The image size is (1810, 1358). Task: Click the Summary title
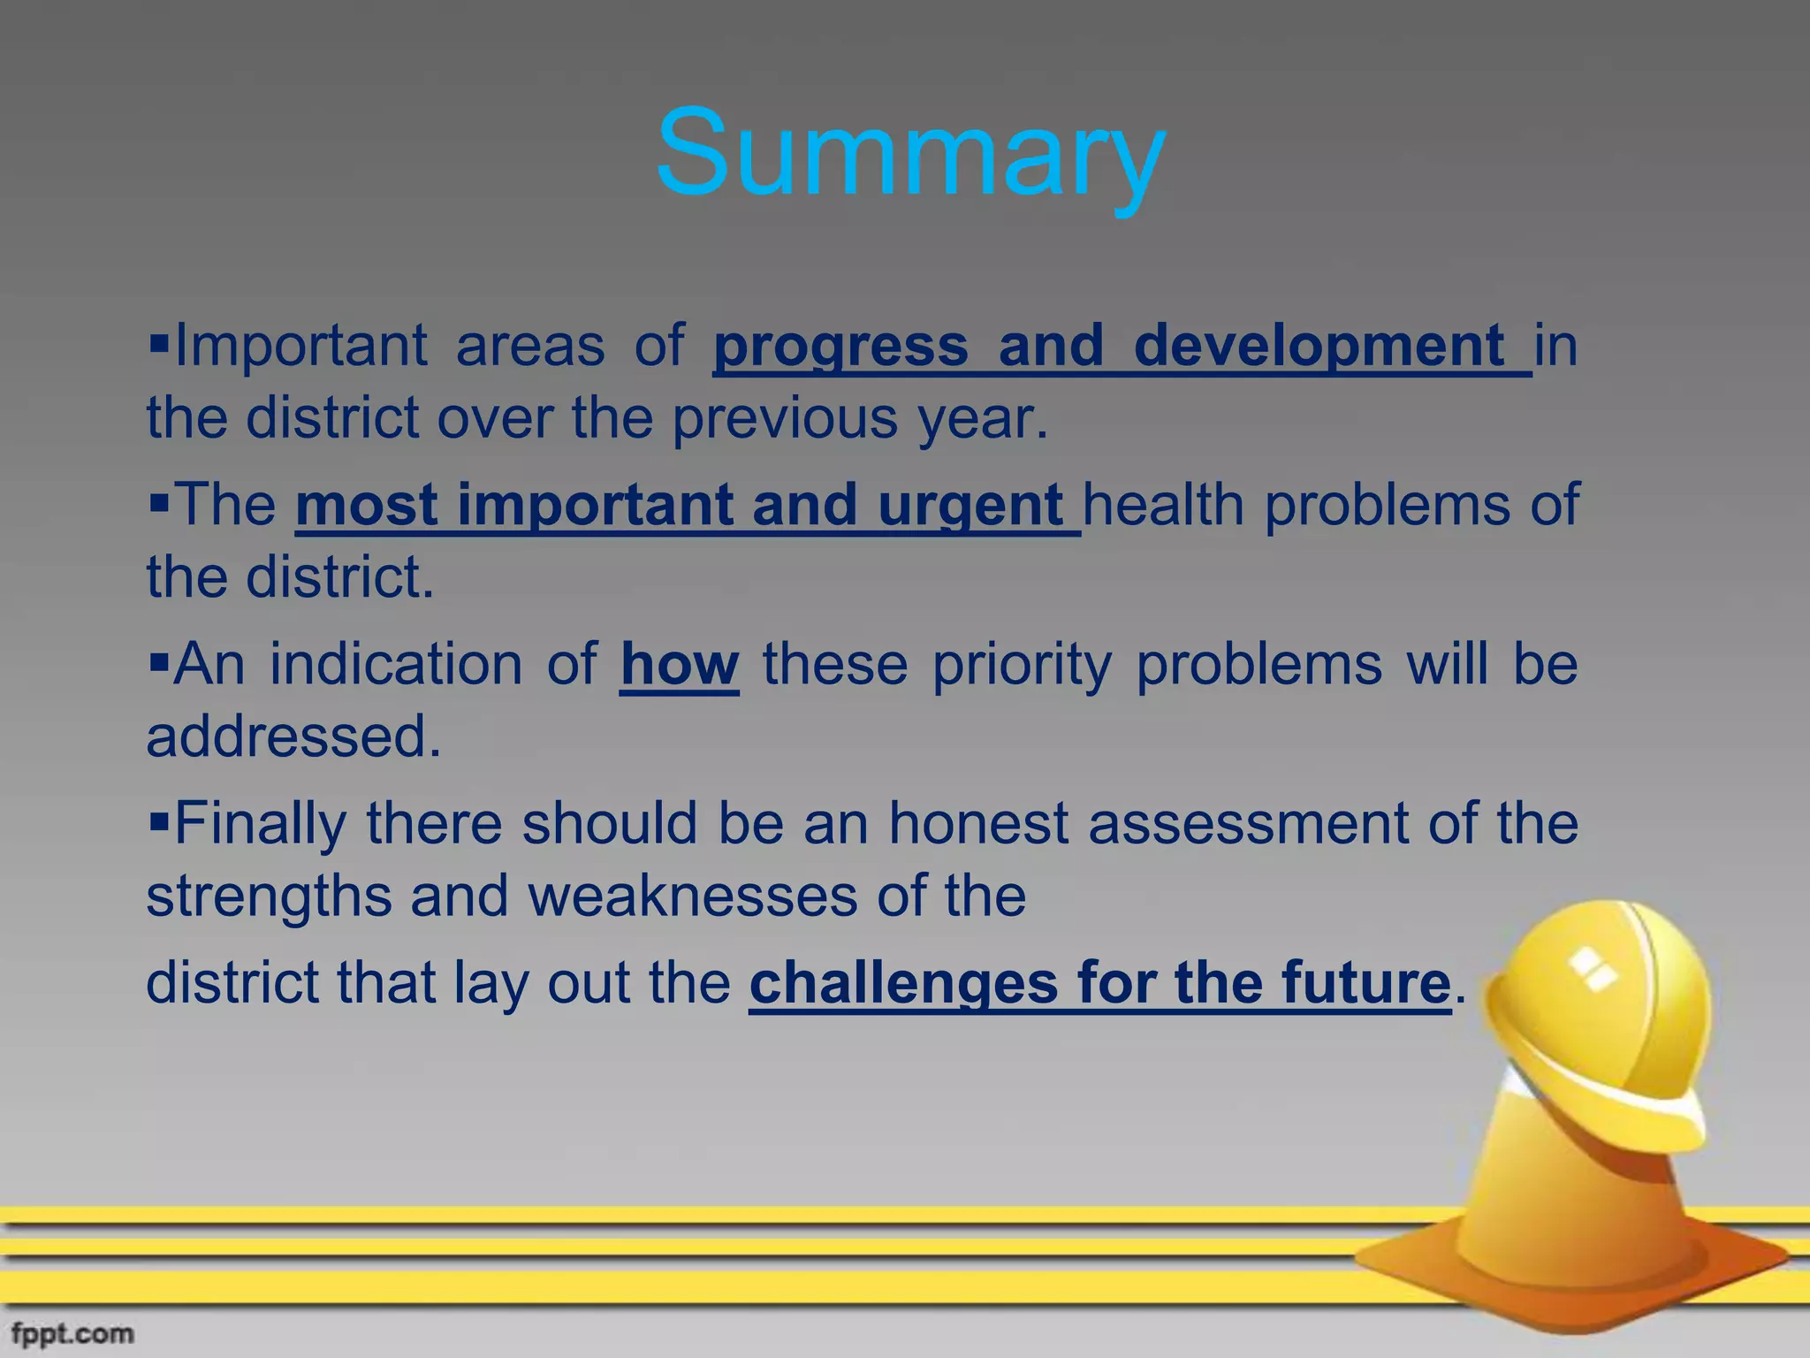tap(910, 155)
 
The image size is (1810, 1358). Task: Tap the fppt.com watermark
tap(73, 1333)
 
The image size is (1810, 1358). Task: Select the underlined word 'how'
tap(679, 665)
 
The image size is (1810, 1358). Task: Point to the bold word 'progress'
tap(840, 347)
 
